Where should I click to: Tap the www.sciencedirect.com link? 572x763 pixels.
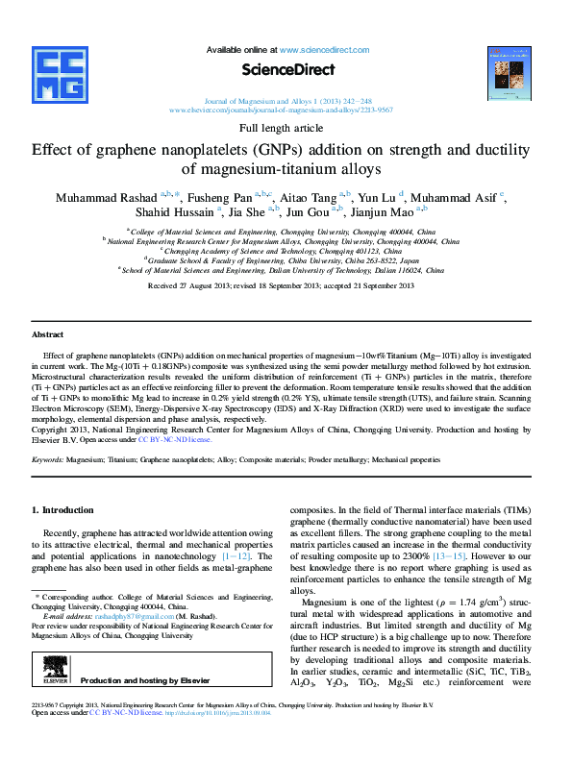coord(325,49)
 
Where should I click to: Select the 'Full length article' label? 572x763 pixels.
coord(281,128)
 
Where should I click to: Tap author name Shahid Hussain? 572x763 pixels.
coord(181,212)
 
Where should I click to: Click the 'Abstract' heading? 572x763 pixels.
coord(48,334)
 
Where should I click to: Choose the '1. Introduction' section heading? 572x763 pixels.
coord(63,510)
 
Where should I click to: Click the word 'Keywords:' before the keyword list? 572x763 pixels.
coord(48,461)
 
